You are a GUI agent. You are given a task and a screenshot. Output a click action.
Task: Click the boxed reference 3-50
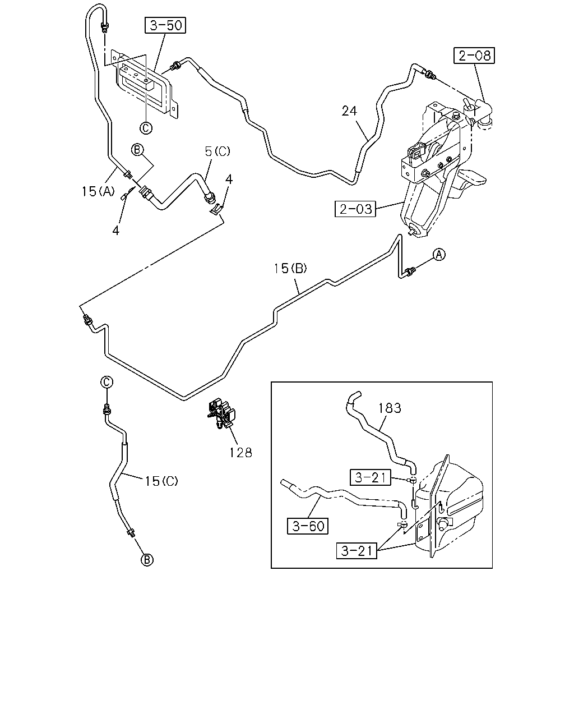[x=165, y=25]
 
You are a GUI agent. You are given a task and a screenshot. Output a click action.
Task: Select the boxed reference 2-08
[x=474, y=56]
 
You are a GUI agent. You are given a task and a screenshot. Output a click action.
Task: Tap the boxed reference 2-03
[x=355, y=209]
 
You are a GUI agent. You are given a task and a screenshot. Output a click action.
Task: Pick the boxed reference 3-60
[x=308, y=526]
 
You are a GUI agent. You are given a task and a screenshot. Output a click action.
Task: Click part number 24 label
[x=349, y=111]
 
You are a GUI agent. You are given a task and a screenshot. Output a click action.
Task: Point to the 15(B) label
[x=290, y=268]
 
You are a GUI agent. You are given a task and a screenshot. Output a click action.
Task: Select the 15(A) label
[x=98, y=191]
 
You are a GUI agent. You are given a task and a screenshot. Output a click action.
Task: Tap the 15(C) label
[x=161, y=481]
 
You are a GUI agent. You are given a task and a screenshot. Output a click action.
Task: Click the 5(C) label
[x=217, y=151]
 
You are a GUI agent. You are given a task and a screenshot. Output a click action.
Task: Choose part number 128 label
[x=240, y=453]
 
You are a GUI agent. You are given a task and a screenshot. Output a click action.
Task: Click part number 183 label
[x=390, y=408]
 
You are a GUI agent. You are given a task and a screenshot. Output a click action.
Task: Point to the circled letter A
[x=439, y=255]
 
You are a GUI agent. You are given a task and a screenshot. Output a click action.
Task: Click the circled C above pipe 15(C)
[x=107, y=382]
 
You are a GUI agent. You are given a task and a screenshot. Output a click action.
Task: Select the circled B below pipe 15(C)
[x=147, y=559]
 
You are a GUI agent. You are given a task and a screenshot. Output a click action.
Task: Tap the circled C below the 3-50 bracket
[x=146, y=128]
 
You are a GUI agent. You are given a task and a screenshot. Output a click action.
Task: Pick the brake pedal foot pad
[x=472, y=177]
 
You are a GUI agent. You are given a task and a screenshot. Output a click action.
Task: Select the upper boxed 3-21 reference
[x=370, y=477]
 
